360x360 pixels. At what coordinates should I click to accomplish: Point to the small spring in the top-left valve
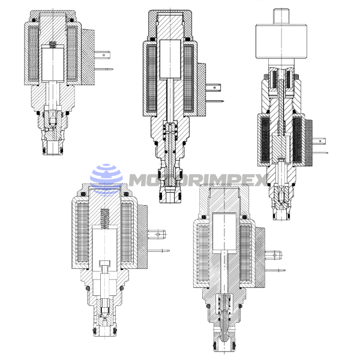pos(53,44)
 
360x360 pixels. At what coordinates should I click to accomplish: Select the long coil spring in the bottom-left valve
pos(105,218)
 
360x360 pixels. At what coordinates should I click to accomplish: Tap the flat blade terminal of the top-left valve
pos(102,55)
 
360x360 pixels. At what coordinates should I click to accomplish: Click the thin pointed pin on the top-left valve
pos(104,69)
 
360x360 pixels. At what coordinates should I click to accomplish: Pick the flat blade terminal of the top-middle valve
pos(213,88)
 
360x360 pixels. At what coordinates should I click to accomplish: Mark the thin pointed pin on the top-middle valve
pos(215,101)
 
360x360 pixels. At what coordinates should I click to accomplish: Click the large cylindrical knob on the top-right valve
pos(281,41)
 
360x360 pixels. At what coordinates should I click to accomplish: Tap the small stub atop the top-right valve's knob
pos(281,16)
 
